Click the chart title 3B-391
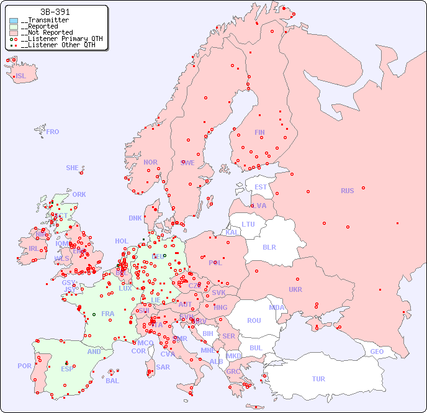click(x=55, y=12)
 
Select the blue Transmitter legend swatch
click(x=14, y=20)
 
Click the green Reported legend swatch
click(x=14, y=27)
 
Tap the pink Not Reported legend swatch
click(x=14, y=33)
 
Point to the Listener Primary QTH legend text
click(x=61, y=39)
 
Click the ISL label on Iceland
click(x=21, y=76)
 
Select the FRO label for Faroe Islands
click(x=53, y=132)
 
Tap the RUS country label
click(x=347, y=191)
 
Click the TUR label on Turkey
click(x=318, y=379)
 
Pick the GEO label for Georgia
click(x=377, y=352)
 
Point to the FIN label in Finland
click(x=259, y=132)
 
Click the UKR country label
click(x=295, y=289)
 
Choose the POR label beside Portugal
click(x=24, y=366)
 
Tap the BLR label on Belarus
click(x=269, y=247)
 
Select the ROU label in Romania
click(x=254, y=320)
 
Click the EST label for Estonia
click(x=261, y=187)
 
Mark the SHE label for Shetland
click(x=73, y=168)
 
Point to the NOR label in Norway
click(x=150, y=162)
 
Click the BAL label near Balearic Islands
click(x=112, y=381)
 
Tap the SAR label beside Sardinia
click(x=163, y=367)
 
